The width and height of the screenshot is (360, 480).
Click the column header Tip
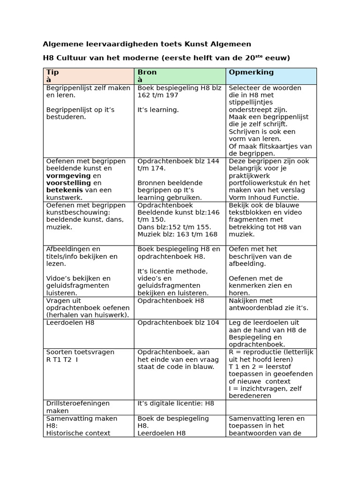click(52, 72)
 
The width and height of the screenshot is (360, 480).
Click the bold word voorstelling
click(69, 183)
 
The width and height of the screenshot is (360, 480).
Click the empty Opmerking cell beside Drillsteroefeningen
click(271, 407)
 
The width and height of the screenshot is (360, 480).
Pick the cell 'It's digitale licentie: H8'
click(176, 403)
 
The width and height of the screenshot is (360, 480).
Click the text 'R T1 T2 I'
click(62, 360)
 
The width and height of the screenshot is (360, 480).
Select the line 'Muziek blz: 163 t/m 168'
click(178, 234)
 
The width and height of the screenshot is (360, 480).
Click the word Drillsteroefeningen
click(78, 403)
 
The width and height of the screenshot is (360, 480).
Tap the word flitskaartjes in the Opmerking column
click(279, 146)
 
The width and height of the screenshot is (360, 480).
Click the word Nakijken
click(243, 300)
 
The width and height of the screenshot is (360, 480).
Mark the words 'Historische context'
click(78, 433)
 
